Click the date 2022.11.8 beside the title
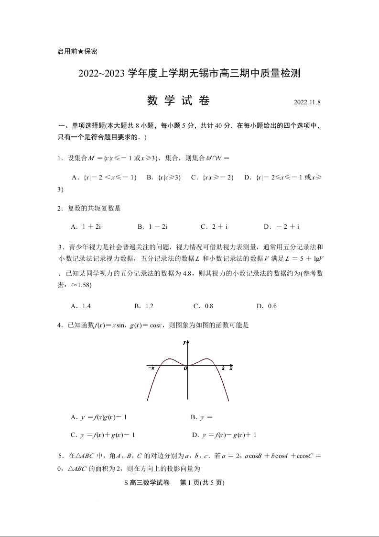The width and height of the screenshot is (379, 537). tap(307, 102)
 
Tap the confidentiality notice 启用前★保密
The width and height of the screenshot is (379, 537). tap(77, 51)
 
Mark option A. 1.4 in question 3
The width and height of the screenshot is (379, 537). tap(81, 306)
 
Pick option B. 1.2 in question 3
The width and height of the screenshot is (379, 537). tap(144, 306)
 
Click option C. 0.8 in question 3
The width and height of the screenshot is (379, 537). tap(203, 306)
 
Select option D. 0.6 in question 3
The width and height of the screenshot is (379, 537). tap(267, 306)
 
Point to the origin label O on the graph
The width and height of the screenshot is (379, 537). tap(185, 369)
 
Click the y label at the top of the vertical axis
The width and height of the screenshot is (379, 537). tap(184, 343)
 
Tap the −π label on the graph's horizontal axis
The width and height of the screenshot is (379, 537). tap(151, 368)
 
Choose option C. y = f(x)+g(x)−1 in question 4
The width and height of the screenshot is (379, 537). tap(103, 435)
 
